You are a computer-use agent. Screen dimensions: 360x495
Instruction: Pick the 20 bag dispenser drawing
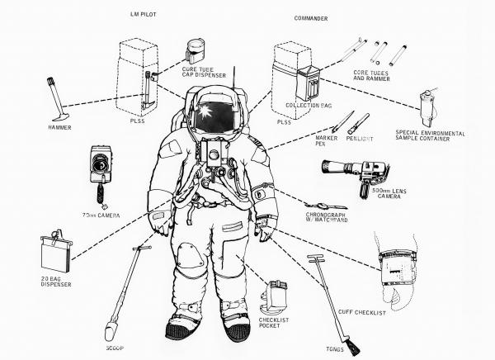56,253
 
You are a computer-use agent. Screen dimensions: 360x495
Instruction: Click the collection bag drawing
312,83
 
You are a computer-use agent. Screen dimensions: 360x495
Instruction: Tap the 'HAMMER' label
61,128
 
